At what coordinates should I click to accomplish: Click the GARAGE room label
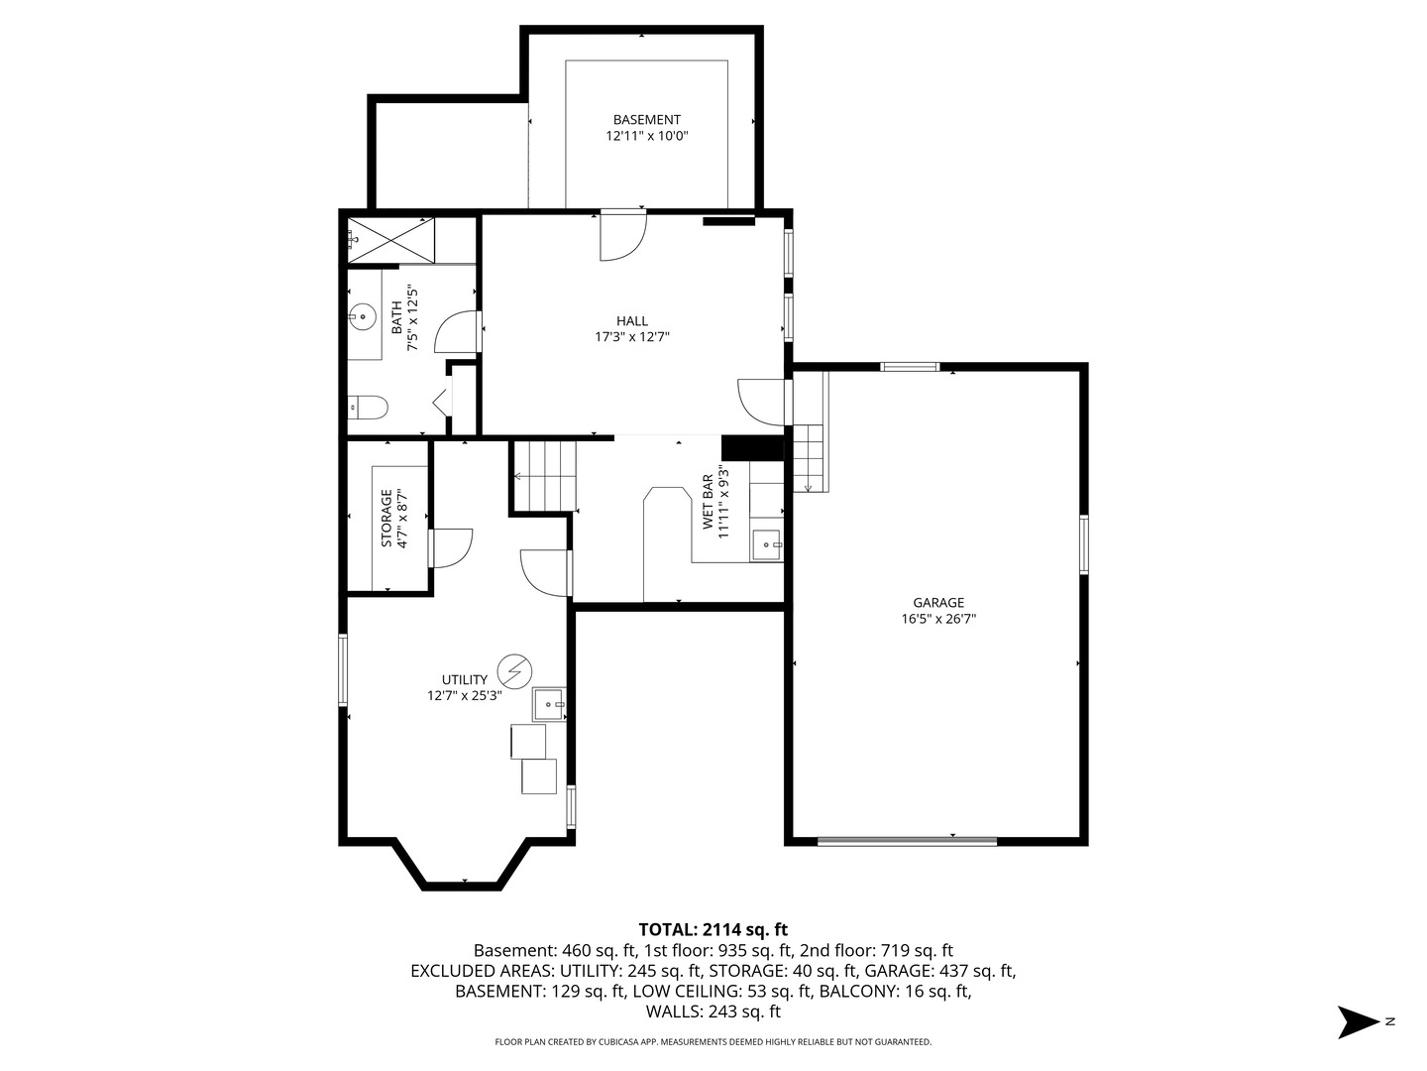point(938,602)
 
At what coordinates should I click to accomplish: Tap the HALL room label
point(632,320)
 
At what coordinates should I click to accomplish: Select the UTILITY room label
point(465,679)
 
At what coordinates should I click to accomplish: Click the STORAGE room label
point(387,518)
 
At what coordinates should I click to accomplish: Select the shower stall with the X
point(390,239)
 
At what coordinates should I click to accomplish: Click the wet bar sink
point(767,544)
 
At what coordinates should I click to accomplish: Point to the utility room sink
point(548,703)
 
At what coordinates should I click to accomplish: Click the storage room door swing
point(452,547)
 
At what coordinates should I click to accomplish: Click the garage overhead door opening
point(907,842)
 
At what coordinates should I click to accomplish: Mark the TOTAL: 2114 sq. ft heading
point(713,929)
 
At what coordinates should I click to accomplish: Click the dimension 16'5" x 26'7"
point(938,619)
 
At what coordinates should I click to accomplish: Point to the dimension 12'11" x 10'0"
point(647,136)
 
